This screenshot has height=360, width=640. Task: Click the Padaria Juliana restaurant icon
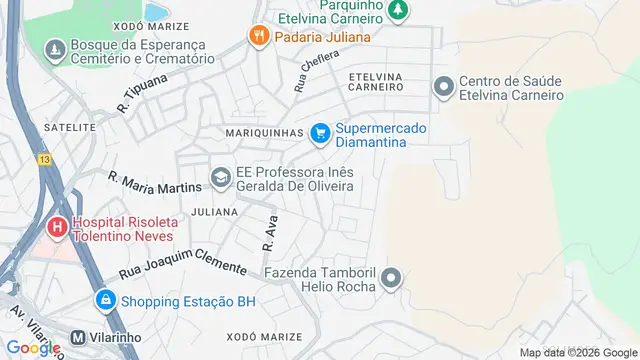coord(258,36)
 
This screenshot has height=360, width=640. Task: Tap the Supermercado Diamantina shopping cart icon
coord(320,132)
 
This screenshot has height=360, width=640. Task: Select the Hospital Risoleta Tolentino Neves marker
coord(58,227)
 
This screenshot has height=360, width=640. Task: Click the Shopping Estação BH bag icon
coord(105,299)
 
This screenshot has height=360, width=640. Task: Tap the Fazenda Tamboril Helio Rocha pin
coord(391,278)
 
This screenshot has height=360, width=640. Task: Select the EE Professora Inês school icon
coord(220,179)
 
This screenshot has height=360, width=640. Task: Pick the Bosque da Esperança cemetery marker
coord(54,48)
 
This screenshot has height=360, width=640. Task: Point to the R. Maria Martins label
coord(154,182)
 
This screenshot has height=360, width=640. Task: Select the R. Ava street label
coord(268,232)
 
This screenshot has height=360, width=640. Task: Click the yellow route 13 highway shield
coord(44,159)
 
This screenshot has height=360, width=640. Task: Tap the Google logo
coord(34,347)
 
